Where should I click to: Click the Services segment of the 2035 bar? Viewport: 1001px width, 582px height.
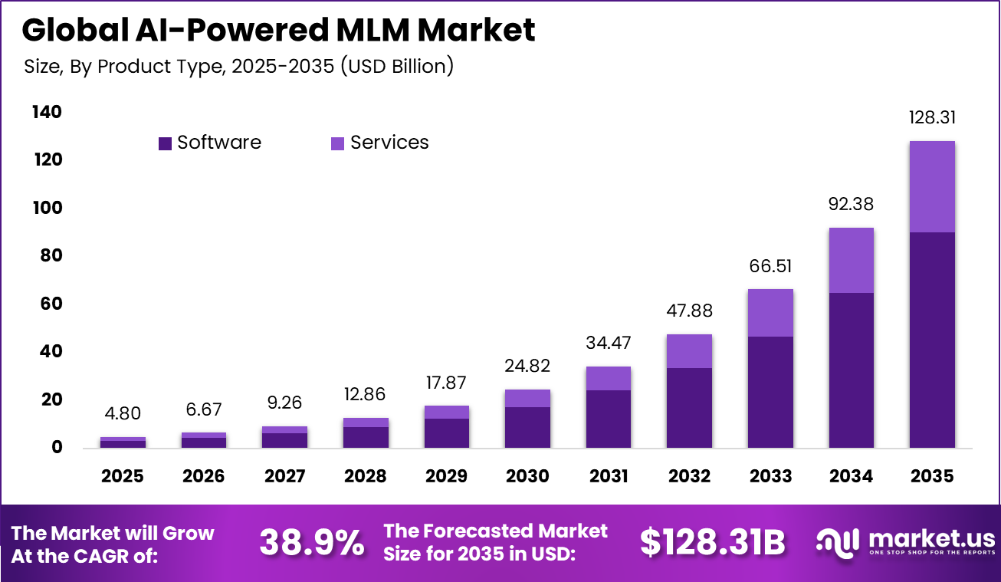click(x=932, y=186)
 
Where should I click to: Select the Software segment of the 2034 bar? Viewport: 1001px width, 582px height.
click(x=851, y=370)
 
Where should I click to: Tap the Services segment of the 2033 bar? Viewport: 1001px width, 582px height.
click(x=770, y=313)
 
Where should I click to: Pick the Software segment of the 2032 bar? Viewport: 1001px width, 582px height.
click(x=689, y=408)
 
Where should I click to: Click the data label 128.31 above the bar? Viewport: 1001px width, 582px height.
click(x=932, y=118)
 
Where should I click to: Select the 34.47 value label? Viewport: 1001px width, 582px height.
click(x=609, y=344)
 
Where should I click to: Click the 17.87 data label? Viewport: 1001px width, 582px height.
click(x=446, y=383)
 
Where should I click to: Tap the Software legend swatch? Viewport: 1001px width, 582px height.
click(x=165, y=143)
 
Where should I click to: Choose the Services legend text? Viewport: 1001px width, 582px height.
click(x=389, y=143)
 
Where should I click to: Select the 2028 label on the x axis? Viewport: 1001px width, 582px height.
click(x=365, y=476)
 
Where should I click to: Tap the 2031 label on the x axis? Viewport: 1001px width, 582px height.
click(x=609, y=476)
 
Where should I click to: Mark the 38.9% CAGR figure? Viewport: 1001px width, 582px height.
click(x=311, y=543)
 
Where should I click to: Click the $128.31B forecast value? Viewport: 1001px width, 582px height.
click(x=713, y=543)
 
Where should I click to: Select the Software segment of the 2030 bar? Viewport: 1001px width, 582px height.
click(x=527, y=427)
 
